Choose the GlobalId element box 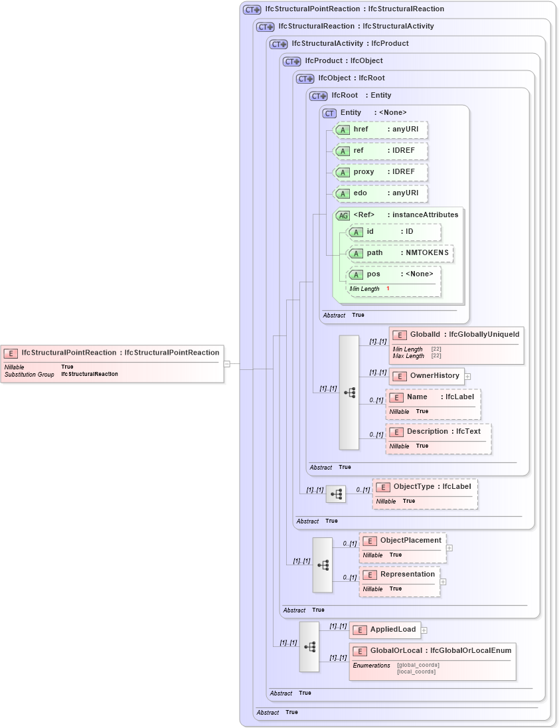click(456, 335)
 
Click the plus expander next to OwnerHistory click(467, 376)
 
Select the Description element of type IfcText click(438, 432)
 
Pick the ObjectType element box click(425, 487)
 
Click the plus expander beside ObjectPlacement click(449, 548)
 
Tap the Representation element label click(407, 575)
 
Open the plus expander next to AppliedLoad click(424, 630)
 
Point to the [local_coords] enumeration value click(416, 672)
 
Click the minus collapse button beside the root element click(227, 363)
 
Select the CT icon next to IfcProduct click(291, 61)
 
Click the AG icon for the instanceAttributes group click(343, 215)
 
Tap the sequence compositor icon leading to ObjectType click(336, 494)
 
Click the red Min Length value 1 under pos click(388, 289)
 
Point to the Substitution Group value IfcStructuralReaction click(90, 374)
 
